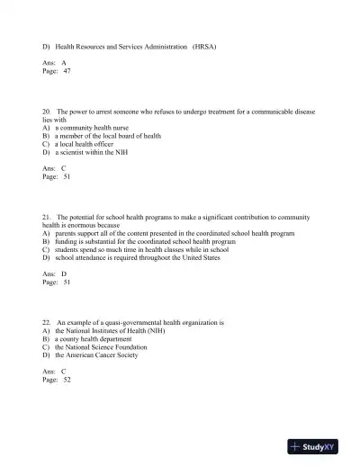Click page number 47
[x=67, y=70]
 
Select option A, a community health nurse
[x=91, y=128]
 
